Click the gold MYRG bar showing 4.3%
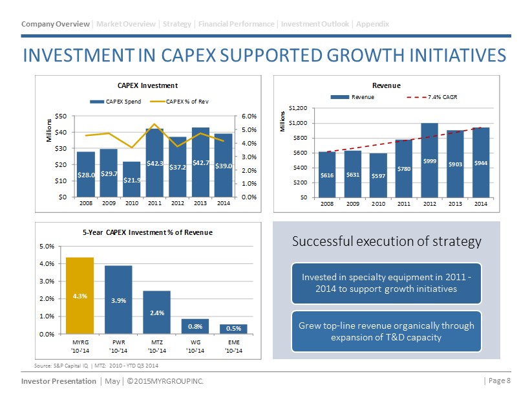click(x=80, y=296)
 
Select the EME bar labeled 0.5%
click(x=233, y=329)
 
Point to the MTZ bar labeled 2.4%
click(x=156, y=312)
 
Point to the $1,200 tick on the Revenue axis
click(x=299, y=107)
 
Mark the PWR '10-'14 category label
click(x=118, y=346)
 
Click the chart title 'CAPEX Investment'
click(x=147, y=85)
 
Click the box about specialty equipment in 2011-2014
click(x=387, y=283)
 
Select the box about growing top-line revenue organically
click(x=387, y=331)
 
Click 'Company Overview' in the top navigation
click(x=56, y=24)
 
